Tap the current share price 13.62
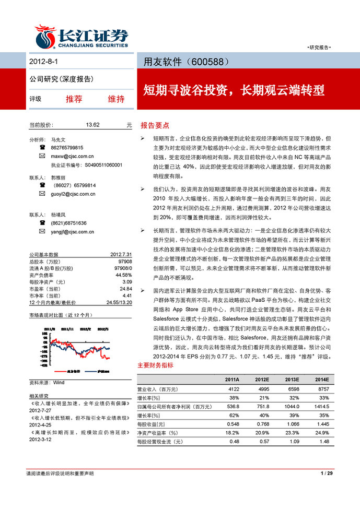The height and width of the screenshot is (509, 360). pyautogui.click(x=92, y=125)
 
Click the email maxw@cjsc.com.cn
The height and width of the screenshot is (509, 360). pyautogui.click(x=73, y=156)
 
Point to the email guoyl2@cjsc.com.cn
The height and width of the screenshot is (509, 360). pyautogui.click(x=73, y=194)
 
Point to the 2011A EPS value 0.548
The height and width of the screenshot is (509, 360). pyautogui.click(x=231, y=424)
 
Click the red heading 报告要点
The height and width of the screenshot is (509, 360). pyautogui.click(x=155, y=125)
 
